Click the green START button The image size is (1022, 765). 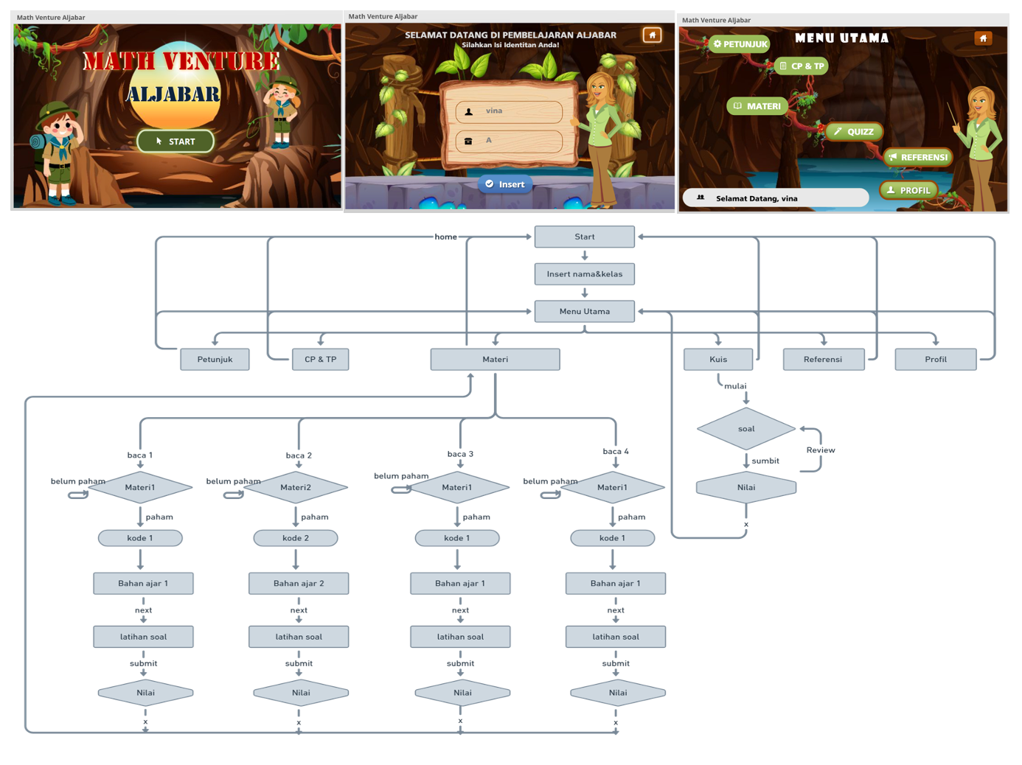175,141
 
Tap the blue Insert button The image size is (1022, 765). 505,184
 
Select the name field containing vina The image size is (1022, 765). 509,111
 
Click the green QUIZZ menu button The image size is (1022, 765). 854,132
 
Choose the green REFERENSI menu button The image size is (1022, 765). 918,157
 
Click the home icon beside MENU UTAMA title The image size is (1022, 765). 983,38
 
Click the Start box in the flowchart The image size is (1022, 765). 584,237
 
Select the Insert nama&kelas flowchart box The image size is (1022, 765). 584,274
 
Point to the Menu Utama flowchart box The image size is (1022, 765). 584,311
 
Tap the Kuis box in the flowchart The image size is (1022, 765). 718,359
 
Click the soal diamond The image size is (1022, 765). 746,428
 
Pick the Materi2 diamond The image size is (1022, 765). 296,487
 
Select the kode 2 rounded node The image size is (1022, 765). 296,538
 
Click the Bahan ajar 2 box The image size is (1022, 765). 299,583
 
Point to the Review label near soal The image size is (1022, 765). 820,450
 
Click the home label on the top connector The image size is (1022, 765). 445,237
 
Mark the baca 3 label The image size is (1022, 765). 460,454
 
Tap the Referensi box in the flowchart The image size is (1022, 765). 823,359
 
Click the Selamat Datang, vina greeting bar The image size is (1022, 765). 775,198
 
